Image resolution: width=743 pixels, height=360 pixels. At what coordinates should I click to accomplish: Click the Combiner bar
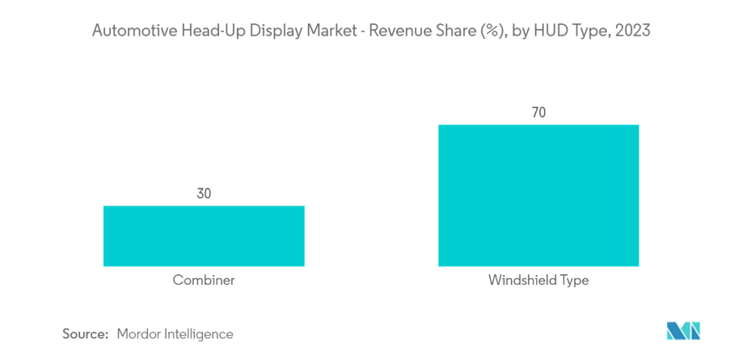[204, 235]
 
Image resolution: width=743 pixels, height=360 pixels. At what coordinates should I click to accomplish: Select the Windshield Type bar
[538, 195]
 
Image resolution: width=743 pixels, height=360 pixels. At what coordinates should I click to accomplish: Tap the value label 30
[204, 194]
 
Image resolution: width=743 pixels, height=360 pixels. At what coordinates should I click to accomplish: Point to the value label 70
[538, 112]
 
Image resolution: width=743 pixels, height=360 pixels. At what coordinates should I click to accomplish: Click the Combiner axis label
[204, 281]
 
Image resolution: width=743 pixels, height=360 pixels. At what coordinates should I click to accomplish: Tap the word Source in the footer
[86, 333]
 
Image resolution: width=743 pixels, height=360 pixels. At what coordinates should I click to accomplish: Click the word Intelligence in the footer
[198, 333]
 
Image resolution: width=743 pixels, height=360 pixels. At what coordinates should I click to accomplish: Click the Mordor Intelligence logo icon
[683, 331]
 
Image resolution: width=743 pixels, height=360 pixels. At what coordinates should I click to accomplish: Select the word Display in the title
[259, 32]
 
